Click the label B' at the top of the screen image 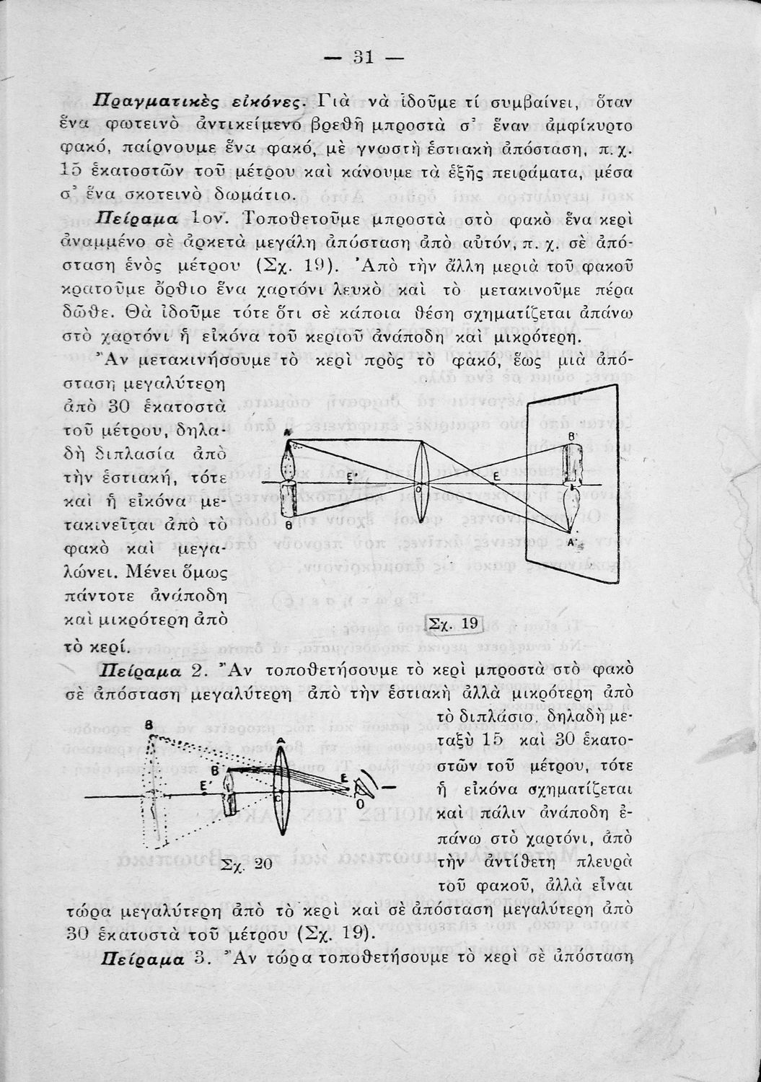(571, 436)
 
